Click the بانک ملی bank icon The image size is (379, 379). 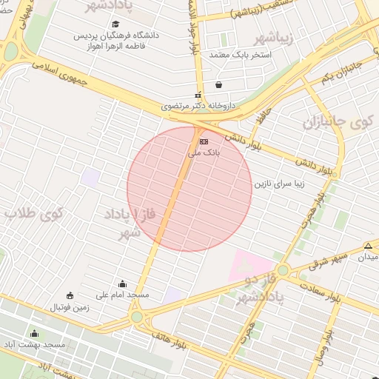[204, 141]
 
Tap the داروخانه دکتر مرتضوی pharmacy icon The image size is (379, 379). [197, 95]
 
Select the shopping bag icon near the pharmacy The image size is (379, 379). [218, 84]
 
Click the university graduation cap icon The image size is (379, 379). [115, 24]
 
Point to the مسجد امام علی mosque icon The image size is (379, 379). [122, 284]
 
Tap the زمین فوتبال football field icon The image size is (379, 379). [70, 295]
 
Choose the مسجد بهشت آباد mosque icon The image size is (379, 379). [33, 334]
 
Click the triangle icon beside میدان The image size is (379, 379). [368, 246]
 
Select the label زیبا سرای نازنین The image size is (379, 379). [279, 182]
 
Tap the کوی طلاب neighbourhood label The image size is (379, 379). [34, 214]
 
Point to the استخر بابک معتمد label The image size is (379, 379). [241, 56]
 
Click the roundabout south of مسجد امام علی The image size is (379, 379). [136, 317]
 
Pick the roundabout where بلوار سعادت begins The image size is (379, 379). [282, 270]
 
